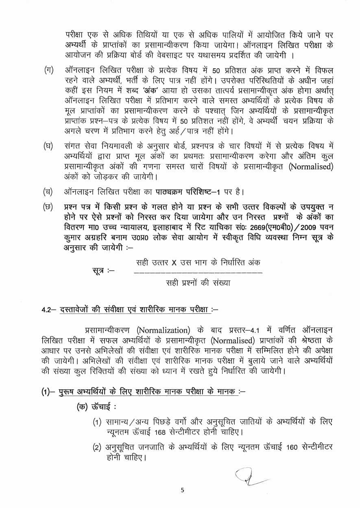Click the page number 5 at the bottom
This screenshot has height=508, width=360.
coord(182,490)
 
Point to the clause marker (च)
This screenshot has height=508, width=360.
coord(48,191)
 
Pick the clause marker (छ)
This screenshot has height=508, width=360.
coord(48,206)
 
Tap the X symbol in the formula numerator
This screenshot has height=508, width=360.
coord(174,262)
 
